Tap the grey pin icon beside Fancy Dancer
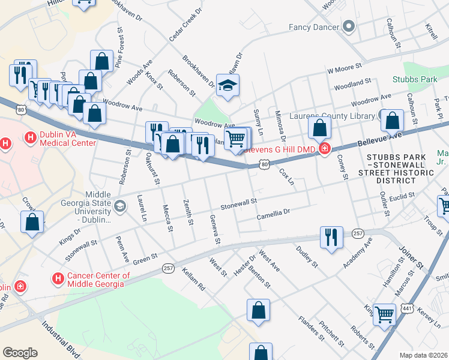point(349,26)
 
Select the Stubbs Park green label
point(415,79)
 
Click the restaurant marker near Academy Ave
point(331,237)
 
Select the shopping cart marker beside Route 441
point(384,314)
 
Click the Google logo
point(20,353)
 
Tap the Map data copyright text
point(424,355)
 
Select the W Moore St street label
point(345,69)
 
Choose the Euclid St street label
point(402,196)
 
